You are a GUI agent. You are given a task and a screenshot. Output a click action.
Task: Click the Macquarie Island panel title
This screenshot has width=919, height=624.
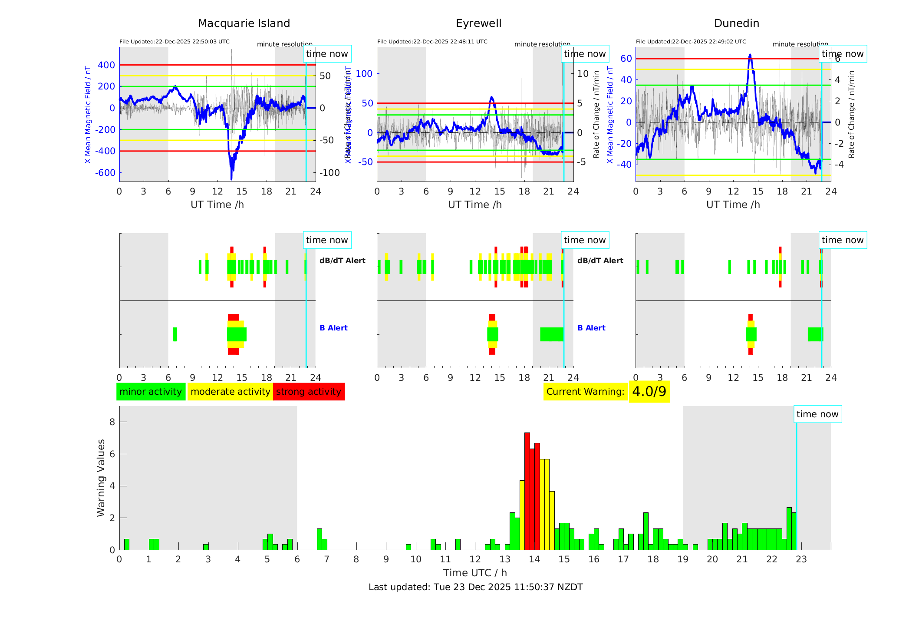point(244,23)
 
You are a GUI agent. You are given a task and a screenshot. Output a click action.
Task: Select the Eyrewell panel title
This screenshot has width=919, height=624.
point(478,23)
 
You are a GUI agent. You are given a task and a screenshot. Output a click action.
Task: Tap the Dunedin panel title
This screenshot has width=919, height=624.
point(736,23)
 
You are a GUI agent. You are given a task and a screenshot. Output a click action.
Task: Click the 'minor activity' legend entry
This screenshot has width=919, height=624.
point(151,392)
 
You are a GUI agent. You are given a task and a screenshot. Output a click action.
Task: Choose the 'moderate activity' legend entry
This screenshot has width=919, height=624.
point(230,392)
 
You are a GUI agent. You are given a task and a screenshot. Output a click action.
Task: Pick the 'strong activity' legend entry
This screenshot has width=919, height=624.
point(309,392)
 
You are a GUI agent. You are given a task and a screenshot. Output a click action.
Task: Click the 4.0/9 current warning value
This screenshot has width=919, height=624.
point(649,392)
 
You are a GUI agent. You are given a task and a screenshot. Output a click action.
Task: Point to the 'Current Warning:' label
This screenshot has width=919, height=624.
point(585,392)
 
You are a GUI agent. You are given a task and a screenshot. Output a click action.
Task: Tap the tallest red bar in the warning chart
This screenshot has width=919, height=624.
point(527,491)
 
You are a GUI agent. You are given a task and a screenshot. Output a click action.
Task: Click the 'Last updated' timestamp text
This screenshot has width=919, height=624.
point(475,587)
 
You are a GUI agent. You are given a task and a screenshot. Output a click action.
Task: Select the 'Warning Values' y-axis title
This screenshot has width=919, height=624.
point(101,478)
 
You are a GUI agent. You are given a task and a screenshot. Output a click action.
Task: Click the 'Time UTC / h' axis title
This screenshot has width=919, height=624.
point(475,573)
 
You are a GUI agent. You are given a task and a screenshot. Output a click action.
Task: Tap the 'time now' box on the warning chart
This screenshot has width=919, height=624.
point(817,414)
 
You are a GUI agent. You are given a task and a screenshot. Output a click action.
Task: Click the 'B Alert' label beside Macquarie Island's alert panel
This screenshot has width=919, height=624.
point(333,328)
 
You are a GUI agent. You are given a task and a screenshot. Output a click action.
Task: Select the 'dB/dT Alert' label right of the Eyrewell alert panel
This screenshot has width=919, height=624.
point(600,261)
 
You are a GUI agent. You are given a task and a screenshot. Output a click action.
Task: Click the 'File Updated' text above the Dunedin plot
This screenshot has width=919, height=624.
point(691,42)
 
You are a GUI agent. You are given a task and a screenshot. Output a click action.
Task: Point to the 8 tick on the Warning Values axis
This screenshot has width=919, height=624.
point(112,422)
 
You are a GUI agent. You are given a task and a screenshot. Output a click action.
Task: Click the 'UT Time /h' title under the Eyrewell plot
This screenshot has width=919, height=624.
point(475,205)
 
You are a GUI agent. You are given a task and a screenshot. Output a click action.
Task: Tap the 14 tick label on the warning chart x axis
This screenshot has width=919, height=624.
point(534,559)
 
